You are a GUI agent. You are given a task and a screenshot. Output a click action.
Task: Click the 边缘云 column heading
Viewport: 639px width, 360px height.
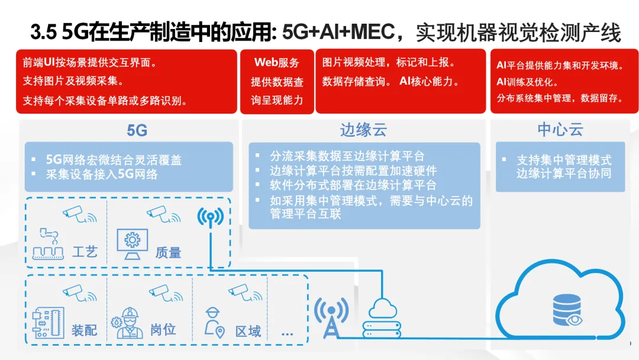(363, 130)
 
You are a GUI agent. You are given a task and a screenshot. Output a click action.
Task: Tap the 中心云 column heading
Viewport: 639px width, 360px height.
(560, 130)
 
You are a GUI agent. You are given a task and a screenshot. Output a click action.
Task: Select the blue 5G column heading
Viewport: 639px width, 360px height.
(137, 130)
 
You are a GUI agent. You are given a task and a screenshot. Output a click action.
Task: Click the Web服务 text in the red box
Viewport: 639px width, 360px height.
(277, 63)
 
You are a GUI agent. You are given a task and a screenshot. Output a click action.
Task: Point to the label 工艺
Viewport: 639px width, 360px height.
(84, 252)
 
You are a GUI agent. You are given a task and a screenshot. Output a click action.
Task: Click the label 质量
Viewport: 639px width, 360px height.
(168, 252)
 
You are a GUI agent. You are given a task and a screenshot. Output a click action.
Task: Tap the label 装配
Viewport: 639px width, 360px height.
(84, 330)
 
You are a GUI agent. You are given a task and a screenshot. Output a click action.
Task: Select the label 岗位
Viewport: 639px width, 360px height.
(163, 330)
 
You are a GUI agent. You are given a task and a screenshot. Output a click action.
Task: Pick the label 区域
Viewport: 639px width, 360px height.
(248, 330)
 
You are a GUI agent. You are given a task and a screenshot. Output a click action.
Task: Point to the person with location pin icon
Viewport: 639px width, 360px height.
(213, 323)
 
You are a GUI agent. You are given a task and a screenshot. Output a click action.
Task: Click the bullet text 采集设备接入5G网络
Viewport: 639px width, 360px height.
(102, 174)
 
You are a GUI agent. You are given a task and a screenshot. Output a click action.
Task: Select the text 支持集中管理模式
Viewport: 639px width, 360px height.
(564, 160)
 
